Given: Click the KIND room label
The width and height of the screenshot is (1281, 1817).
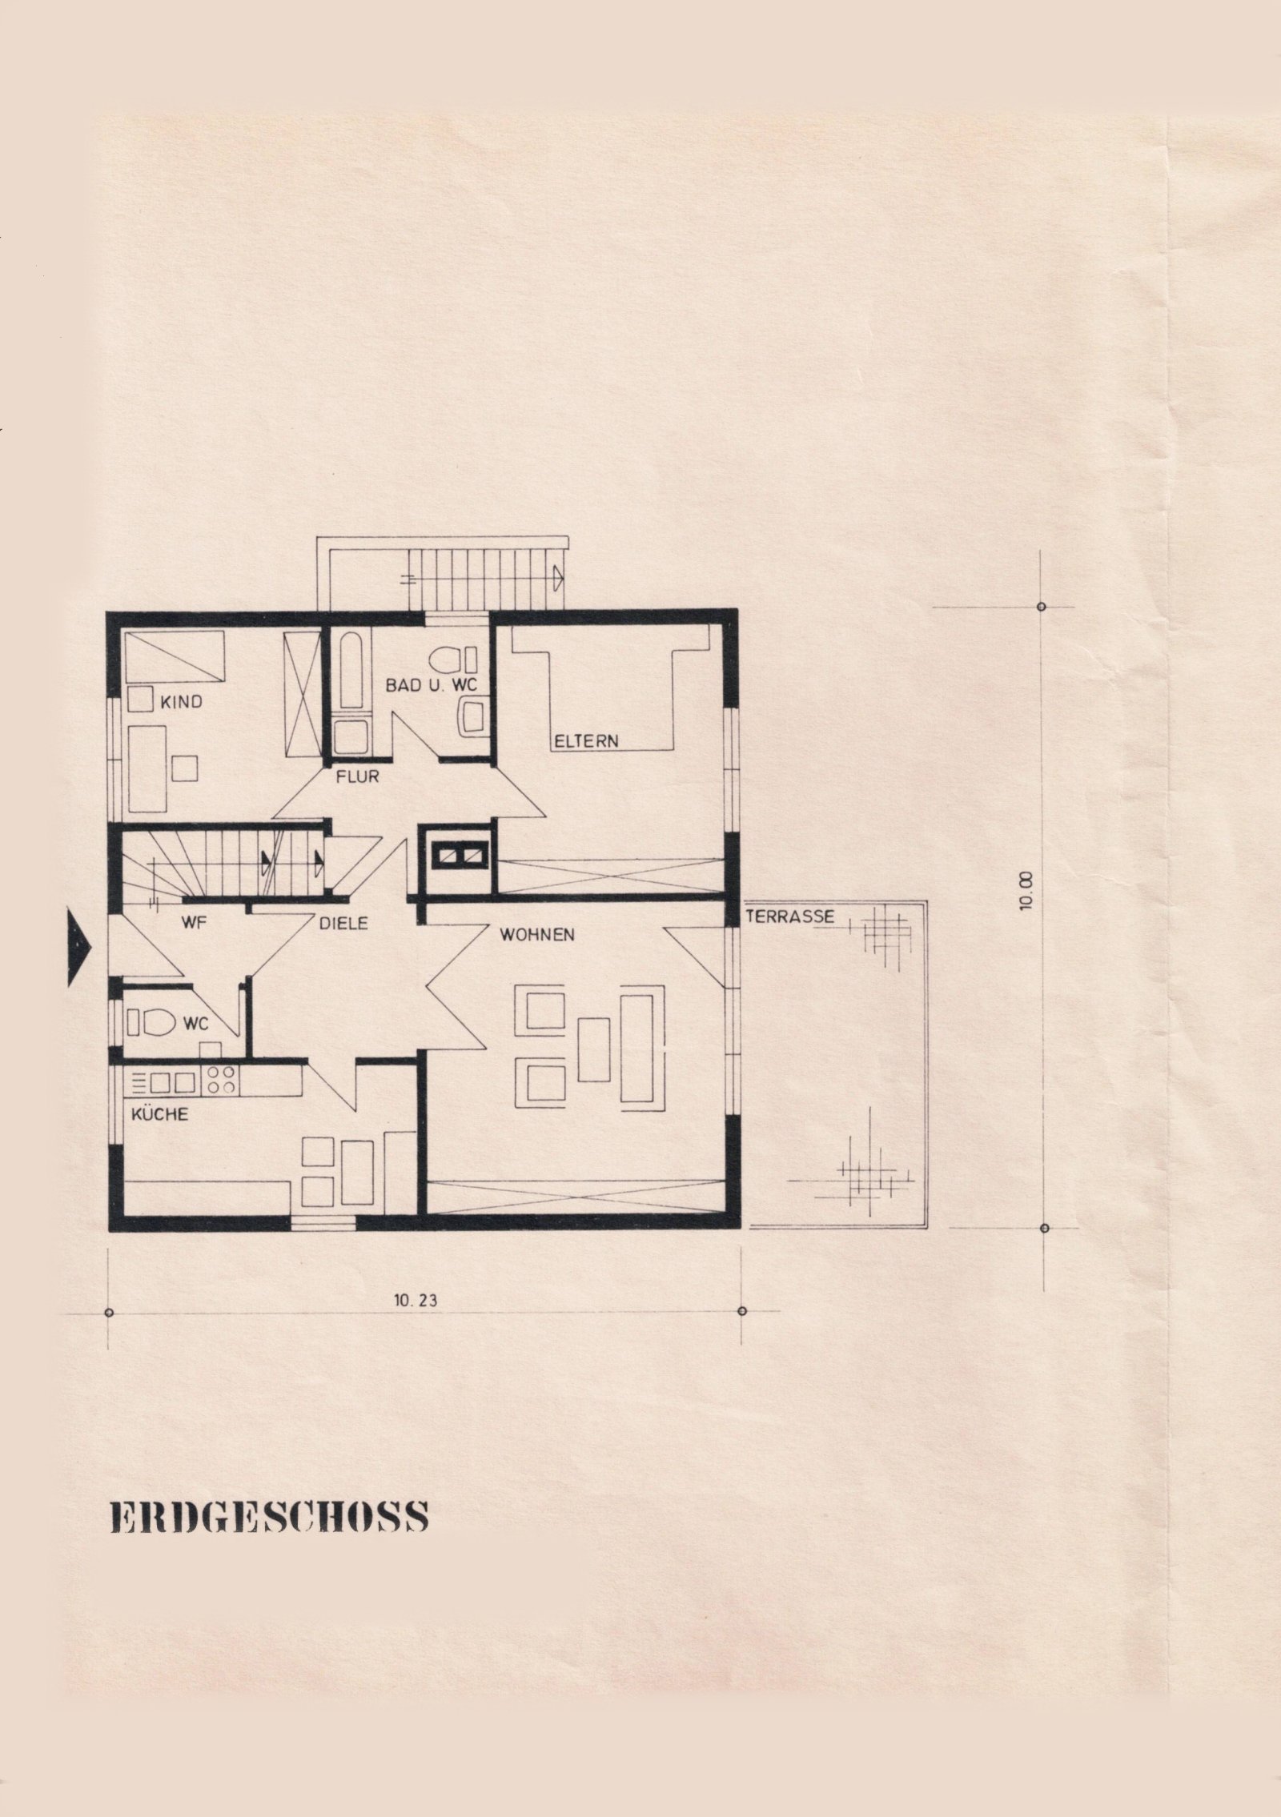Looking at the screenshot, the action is [183, 702].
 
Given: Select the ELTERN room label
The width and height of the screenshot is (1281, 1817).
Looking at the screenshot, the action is [586, 740].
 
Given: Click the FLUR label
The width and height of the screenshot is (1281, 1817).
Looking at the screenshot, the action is [356, 776].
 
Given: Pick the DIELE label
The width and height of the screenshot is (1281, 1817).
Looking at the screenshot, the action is [343, 923].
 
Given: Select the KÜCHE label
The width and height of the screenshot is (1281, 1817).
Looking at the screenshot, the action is [160, 1113].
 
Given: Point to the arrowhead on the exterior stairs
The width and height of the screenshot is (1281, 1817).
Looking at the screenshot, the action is [559, 574].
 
